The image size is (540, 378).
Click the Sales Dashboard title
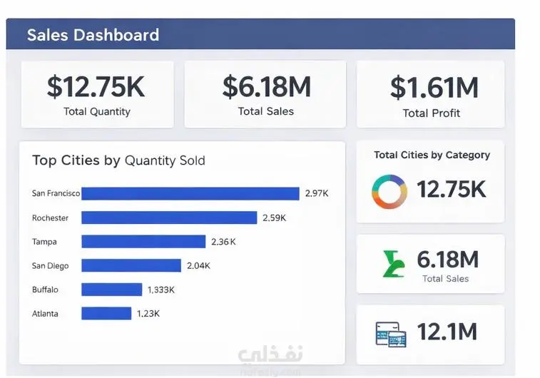(93, 35)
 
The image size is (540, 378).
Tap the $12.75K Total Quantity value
(96, 86)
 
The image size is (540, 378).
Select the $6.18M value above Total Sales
(266, 86)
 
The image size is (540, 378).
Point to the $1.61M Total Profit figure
(434, 88)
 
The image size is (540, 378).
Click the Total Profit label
(431, 113)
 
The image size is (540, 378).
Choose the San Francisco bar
(190, 193)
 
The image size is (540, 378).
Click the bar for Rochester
(169, 218)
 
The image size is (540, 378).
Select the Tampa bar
(143, 242)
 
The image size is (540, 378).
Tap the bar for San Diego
(131, 265)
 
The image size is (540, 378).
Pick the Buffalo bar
(111, 290)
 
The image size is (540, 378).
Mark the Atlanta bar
(106, 313)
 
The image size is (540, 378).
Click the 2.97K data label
(317, 193)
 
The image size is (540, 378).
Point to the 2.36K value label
(223, 242)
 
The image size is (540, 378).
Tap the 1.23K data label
(148, 313)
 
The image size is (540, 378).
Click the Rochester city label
(50, 218)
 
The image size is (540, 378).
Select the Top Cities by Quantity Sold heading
(118, 160)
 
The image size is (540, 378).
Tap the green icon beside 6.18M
(394, 264)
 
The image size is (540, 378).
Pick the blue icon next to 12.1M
(391, 334)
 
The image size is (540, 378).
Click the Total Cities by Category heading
(432, 155)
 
